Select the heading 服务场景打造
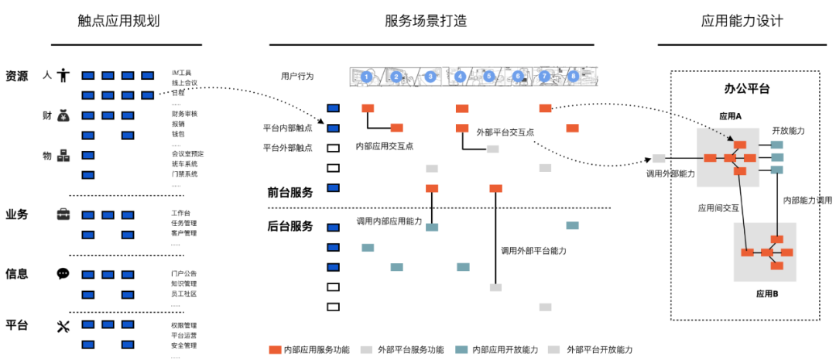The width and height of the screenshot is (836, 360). click(x=425, y=21)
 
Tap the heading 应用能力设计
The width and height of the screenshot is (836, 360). click(x=742, y=21)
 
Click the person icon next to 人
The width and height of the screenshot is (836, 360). click(x=63, y=75)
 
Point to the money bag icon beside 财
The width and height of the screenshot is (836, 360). click(x=63, y=116)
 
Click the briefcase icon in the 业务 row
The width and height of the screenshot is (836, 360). click(x=63, y=214)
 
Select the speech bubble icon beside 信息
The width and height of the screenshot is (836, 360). click(x=63, y=274)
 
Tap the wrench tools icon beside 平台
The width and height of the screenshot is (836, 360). click(x=63, y=326)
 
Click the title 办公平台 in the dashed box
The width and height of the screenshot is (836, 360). click(x=746, y=89)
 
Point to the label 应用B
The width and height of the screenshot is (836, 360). click(x=766, y=294)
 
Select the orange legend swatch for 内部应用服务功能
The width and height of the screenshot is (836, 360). click(x=275, y=350)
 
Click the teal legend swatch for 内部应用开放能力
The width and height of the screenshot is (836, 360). click(x=462, y=350)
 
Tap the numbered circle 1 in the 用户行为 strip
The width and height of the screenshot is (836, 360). click(x=366, y=77)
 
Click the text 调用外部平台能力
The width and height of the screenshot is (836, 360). click(x=533, y=251)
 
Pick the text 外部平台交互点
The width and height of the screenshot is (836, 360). click(x=505, y=132)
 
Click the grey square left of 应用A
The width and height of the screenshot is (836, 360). click(x=659, y=158)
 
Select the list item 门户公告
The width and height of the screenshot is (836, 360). click(x=184, y=273)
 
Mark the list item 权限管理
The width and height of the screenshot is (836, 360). click(x=184, y=325)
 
